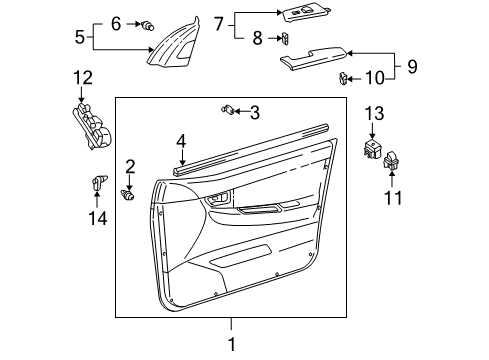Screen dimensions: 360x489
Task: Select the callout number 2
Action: point(130,165)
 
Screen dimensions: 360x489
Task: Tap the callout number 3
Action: point(255,112)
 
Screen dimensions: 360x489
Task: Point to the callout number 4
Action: point(181,144)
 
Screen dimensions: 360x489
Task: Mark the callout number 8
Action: point(258,38)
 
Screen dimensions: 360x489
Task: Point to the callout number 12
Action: point(83,77)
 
